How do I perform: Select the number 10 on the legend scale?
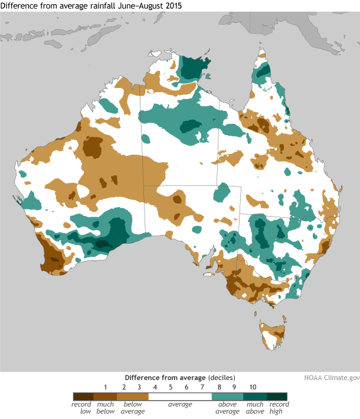pyautogui.click(x=252, y=387)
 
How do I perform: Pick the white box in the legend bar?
pyautogui.click(x=180, y=396)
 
